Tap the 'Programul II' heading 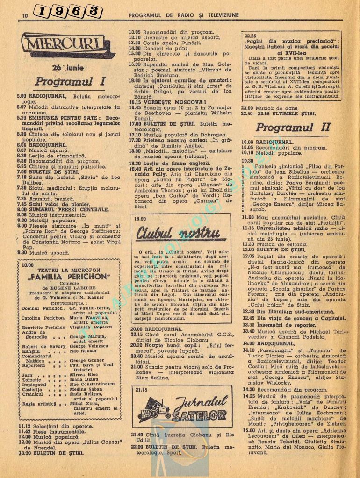293,127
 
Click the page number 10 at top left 25,15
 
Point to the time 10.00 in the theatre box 28,265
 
